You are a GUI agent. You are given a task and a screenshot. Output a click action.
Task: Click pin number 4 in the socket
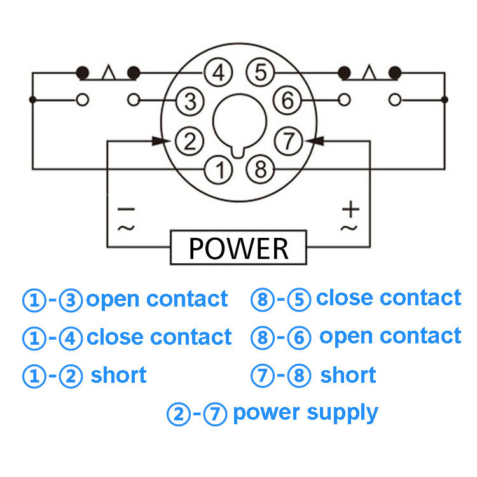[218, 73]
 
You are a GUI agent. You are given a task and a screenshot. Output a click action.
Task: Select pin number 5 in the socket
[259, 73]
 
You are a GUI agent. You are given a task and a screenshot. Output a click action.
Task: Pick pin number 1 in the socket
[218, 169]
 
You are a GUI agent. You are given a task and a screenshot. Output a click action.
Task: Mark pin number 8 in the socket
[259, 169]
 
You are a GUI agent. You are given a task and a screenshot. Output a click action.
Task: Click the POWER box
[238, 248]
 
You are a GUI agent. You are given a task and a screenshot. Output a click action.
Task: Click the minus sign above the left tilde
[125, 209]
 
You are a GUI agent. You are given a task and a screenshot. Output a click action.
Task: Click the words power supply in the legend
[305, 413]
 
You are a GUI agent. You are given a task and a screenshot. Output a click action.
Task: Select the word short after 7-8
[348, 375]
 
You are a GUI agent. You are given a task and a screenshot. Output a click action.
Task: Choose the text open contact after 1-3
[156, 299]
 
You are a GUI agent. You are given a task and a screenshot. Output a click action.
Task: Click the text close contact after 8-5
[388, 298]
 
